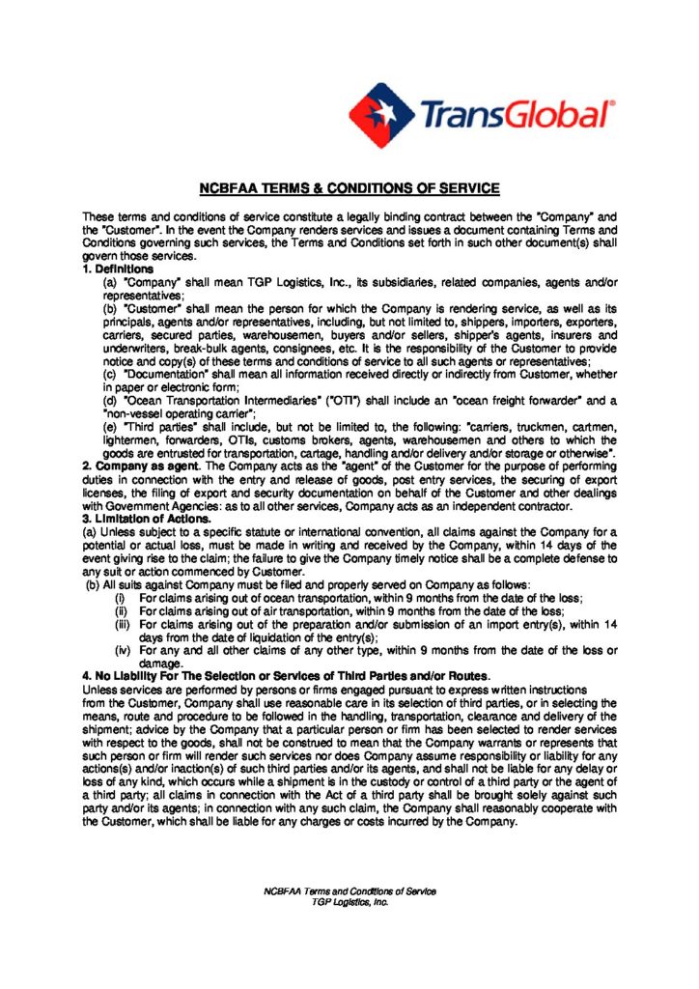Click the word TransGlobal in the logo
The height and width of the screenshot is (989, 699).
pos(516,115)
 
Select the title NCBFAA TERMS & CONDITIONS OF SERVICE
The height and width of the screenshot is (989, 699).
pos(349,188)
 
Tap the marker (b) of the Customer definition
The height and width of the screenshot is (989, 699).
pos(110,307)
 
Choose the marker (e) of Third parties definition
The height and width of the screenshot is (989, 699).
pos(110,426)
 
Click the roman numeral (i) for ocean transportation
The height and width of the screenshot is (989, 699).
pos(121,598)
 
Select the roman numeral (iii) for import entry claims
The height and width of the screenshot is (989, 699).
pos(122,624)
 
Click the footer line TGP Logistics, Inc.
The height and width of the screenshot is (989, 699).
pos(349,901)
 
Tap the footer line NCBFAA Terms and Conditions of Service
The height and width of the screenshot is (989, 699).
pos(349,890)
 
